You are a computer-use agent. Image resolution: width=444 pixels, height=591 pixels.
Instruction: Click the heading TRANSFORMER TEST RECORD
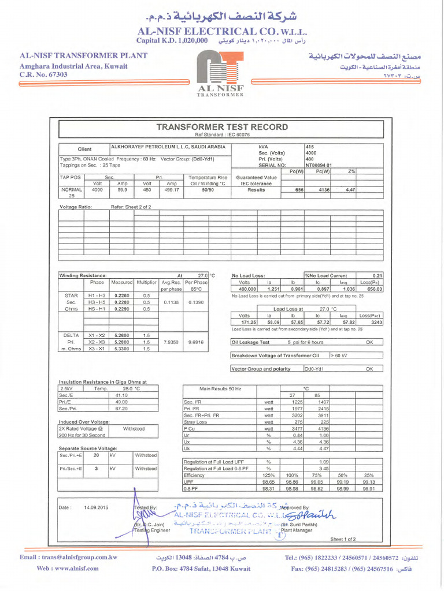(x=222, y=127)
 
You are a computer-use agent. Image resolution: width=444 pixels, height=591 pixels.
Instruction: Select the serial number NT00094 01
(x=319, y=164)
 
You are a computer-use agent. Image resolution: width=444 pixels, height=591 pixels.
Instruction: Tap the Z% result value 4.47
(x=350, y=189)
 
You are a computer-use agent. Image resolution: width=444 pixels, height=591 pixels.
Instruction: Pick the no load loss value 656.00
(x=375, y=289)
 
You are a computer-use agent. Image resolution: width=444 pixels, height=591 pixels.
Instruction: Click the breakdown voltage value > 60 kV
(x=340, y=356)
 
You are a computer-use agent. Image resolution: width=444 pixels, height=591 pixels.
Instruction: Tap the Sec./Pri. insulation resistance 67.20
(x=121, y=409)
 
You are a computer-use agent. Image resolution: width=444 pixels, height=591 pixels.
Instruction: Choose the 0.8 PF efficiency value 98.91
(x=369, y=488)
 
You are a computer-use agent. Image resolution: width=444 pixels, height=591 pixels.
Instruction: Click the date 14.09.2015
(x=97, y=507)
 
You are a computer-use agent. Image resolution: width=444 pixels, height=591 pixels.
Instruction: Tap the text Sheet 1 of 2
(x=343, y=539)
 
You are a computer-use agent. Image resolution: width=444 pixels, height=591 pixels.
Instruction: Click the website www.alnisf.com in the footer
(x=60, y=568)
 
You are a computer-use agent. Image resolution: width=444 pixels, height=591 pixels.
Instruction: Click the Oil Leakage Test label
(x=250, y=342)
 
